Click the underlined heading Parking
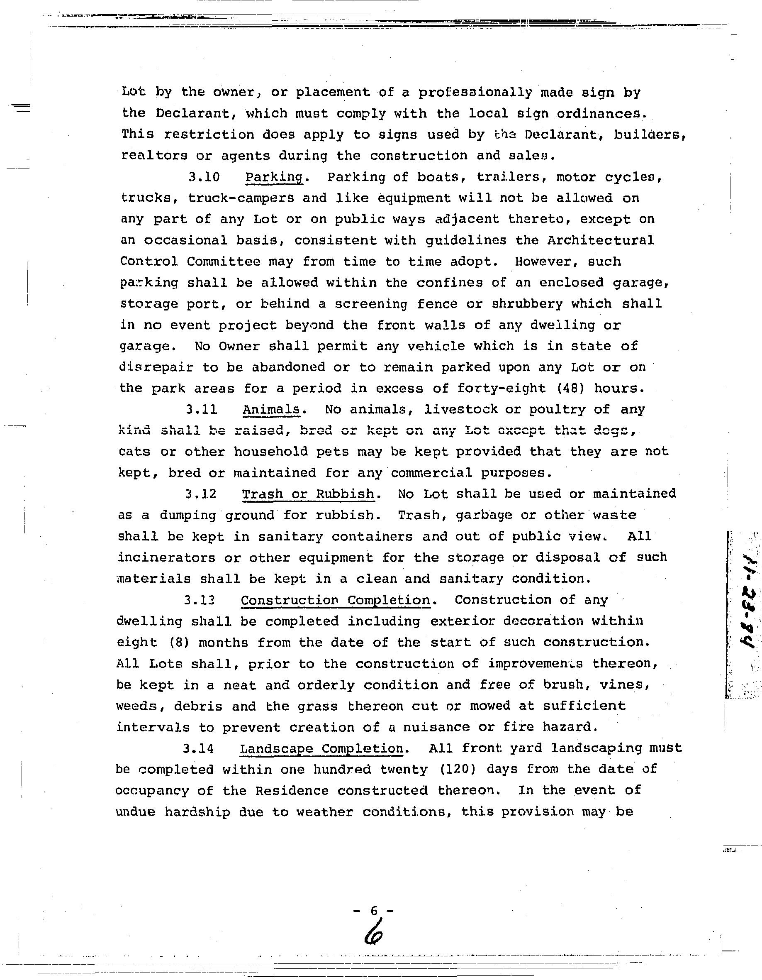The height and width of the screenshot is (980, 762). coord(274,177)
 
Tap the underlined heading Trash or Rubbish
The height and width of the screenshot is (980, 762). coord(308,494)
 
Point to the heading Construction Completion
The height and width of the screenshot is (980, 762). coord(335,600)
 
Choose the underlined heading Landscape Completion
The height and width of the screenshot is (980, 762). coord(321,748)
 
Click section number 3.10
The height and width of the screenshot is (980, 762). coord(204,177)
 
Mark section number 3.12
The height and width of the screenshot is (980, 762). coord(201,494)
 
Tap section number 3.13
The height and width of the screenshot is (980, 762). coord(200,600)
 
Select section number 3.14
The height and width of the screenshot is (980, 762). coord(198,748)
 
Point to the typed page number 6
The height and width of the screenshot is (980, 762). coord(374,910)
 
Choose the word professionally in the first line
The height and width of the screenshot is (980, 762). coord(475,93)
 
